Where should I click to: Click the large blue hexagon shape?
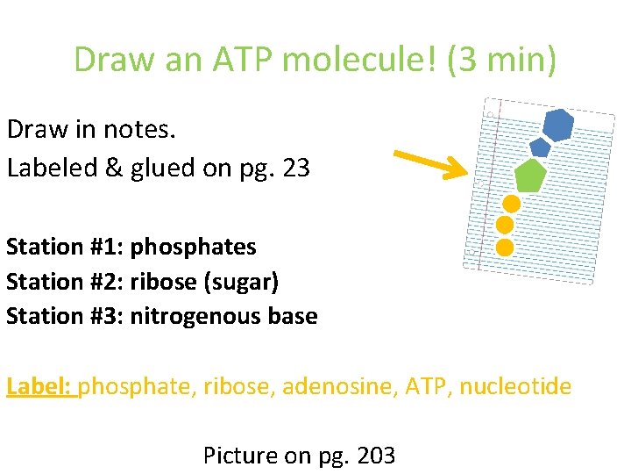pos(558,125)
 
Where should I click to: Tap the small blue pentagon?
pos(540,147)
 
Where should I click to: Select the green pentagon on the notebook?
pos(529,176)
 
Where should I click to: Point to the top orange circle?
pos(512,204)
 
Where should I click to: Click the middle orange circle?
pos(507,226)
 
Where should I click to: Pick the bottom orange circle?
pos(505,247)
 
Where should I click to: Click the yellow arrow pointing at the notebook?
pos(431,164)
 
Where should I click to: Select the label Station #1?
pos(65,247)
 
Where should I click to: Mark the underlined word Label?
pos(41,385)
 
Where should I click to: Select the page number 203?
pos(374,456)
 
